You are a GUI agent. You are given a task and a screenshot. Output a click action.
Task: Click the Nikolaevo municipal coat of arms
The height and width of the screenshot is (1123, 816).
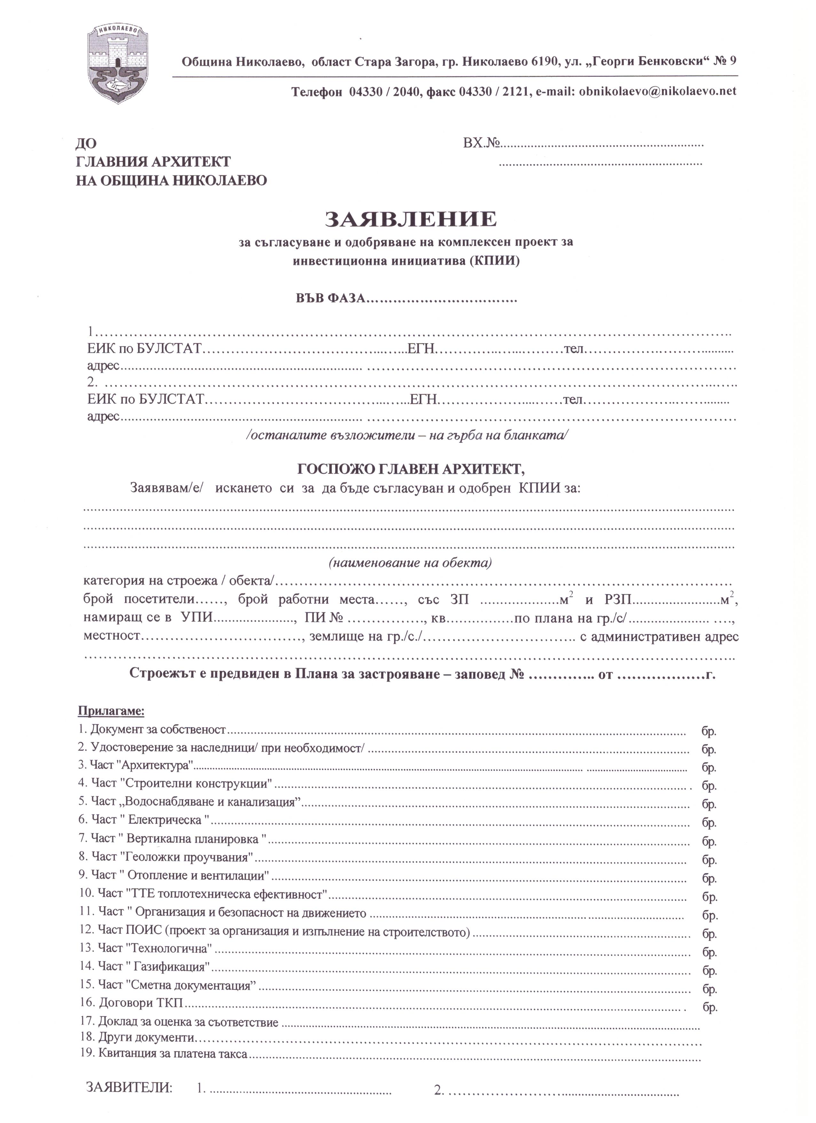(118, 63)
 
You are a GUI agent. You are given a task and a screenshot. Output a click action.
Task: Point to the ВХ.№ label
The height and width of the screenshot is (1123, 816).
(482, 144)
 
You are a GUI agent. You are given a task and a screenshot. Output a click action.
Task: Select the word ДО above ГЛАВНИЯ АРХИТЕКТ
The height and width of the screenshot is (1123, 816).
(86, 144)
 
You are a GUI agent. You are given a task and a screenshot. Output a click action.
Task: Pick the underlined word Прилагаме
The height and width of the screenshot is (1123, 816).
(111, 712)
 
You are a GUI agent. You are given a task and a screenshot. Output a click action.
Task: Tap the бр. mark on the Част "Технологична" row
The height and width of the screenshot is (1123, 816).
(709, 949)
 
